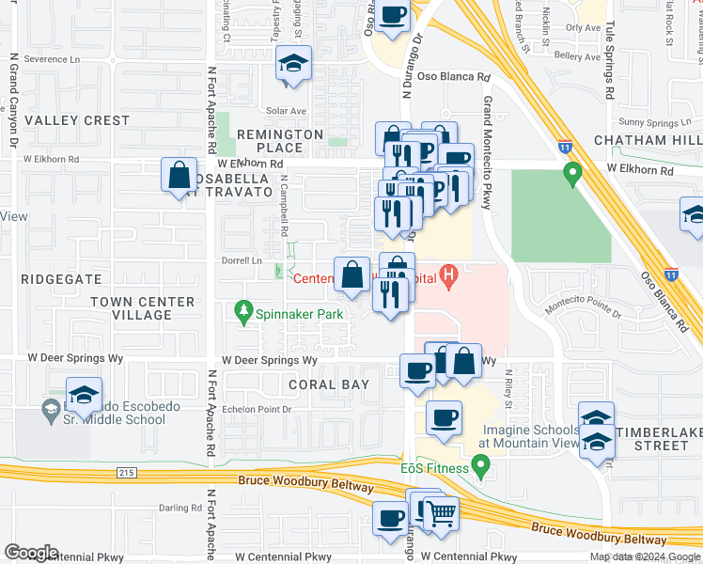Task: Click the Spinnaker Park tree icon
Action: pos(244,310)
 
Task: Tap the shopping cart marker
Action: pos(442,513)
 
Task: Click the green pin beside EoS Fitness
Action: pos(480,464)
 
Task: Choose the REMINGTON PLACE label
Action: pos(280,141)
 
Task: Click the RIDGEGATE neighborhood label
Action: pos(60,279)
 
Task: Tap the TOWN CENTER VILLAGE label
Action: pos(143,308)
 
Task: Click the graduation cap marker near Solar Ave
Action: pos(293,66)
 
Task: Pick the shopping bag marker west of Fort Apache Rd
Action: pos(179,176)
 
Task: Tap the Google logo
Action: pos(31,553)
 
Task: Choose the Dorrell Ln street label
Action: pos(242,260)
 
